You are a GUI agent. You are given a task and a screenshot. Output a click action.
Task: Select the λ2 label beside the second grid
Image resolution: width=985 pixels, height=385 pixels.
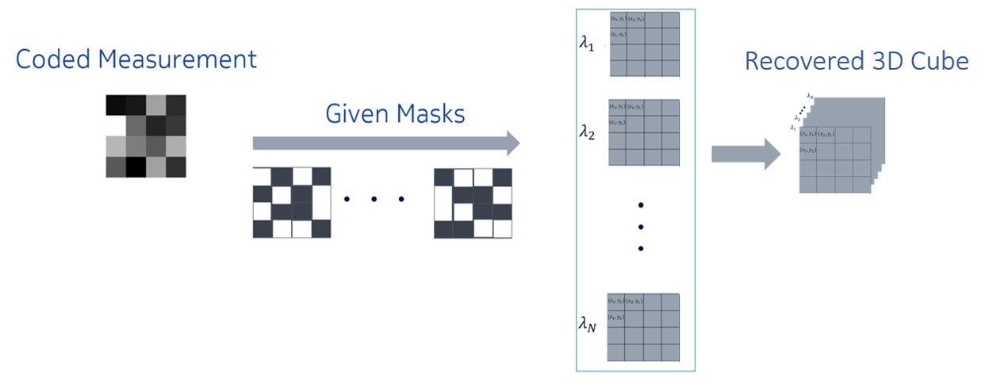588,132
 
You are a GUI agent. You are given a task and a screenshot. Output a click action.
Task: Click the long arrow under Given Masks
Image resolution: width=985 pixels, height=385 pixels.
385,143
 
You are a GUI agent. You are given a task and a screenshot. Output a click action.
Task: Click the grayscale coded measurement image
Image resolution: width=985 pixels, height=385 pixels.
146,135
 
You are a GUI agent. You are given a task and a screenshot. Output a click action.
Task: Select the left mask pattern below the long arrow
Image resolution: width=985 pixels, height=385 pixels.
291,202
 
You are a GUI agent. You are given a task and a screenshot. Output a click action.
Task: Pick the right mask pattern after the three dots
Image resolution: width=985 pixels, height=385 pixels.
473,203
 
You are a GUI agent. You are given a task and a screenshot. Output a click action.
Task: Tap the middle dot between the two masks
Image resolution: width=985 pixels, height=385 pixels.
374,199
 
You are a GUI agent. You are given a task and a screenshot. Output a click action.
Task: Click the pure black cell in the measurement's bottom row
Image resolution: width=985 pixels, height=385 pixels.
136,166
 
